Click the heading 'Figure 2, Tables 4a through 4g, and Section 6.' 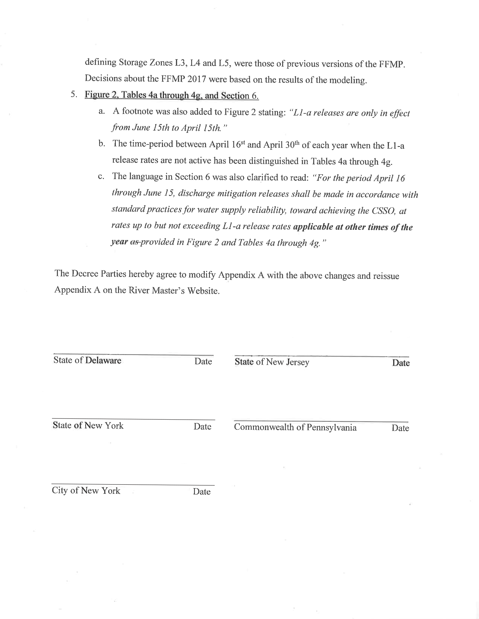(x=172, y=96)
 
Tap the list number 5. (x=74, y=94)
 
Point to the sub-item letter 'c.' (x=101, y=177)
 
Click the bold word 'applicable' (x=313, y=227)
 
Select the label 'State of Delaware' (x=87, y=360)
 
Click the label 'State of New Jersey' (x=272, y=362)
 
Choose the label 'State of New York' (x=88, y=426)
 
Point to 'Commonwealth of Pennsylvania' (x=295, y=427)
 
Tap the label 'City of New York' (x=86, y=491)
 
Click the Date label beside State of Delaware (x=203, y=361)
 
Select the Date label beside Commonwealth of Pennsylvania (x=400, y=428)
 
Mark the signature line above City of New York (x=133, y=485)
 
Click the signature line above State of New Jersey (x=321, y=356)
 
